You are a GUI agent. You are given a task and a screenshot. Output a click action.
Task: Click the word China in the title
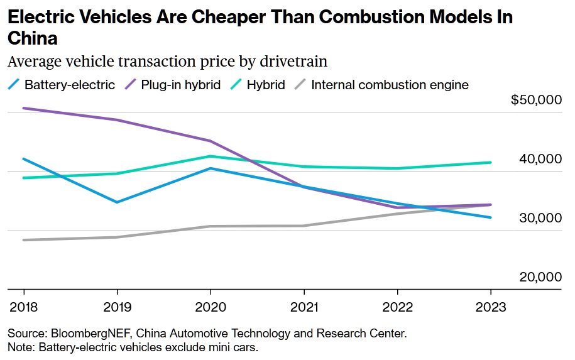click(33, 38)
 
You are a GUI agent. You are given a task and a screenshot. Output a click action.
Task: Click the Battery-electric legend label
click(69, 84)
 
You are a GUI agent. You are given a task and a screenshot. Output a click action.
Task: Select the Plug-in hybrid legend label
click(180, 84)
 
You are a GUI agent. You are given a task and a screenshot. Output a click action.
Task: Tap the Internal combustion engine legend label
click(390, 84)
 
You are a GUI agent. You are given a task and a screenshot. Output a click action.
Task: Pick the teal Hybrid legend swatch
click(236, 84)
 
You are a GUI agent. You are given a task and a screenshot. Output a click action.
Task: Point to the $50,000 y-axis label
click(536, 101)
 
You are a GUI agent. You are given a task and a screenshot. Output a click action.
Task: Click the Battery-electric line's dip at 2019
click(117, 202)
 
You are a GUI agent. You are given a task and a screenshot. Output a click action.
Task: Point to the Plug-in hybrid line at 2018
click(24, 108)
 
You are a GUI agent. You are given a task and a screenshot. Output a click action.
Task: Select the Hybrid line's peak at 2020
click(211, 156)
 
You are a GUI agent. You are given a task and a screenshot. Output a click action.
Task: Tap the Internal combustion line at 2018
click(24, 240)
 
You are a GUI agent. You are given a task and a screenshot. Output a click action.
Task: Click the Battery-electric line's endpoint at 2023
click(491, 217)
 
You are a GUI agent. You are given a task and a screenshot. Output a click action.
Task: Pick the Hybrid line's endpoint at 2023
click(491, 162)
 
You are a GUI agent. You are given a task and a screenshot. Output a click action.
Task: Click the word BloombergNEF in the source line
click(84, 333)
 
